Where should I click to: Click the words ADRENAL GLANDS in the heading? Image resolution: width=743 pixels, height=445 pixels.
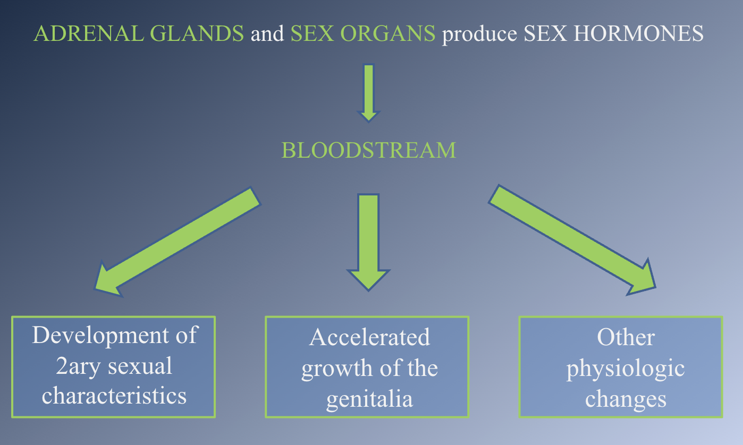[x=139, y=34]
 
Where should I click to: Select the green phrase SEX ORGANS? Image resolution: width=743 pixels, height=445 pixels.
[x=362, y=34]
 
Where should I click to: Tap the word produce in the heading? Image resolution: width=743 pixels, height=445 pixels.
[x=479, y=34]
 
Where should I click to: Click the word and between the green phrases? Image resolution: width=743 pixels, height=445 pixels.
[x=267, y=34]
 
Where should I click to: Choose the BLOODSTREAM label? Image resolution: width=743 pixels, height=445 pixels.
[x=368, y=150]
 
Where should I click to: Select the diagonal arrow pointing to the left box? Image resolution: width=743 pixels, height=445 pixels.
[x=178, y=239]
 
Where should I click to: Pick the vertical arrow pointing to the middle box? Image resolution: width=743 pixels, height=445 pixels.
[x=368, y=239]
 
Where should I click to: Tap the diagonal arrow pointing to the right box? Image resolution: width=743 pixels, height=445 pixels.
[x=571, y=239]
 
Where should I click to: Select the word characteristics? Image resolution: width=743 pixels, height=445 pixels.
[x=114, y=396]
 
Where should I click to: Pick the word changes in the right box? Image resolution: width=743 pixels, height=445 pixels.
[x=626, y=398]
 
